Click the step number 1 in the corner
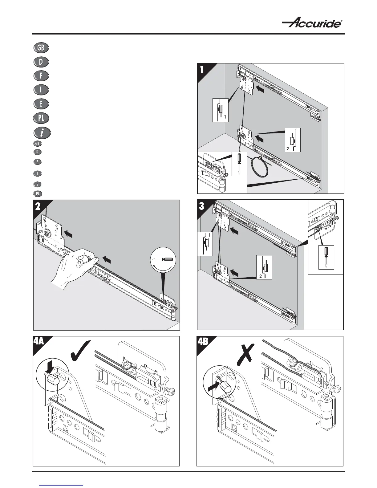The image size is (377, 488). (x=202, y=70)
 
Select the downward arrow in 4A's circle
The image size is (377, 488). (x=51, y=366)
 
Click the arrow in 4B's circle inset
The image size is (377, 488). (x=213, y=386)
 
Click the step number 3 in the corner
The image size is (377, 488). (x=202, y=206)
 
